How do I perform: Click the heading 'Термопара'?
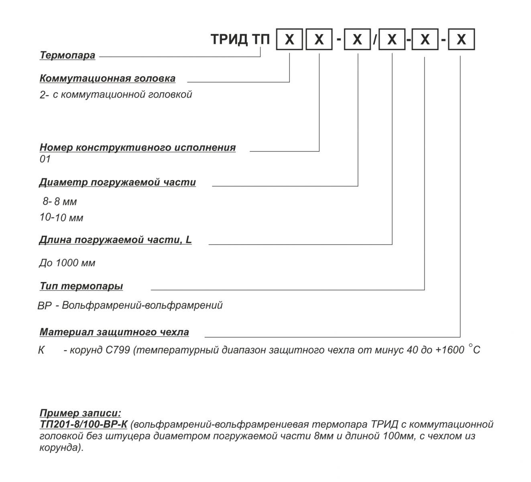(67, 55)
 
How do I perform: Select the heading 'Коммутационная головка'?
(107, 78)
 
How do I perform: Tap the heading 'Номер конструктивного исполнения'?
(137, 147)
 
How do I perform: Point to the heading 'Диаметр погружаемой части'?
(117, 182)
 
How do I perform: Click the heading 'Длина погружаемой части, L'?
(115, 240)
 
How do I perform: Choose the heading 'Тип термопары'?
(81, 286)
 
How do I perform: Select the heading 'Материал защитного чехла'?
(114, 333)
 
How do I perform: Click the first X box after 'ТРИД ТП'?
(289, 40)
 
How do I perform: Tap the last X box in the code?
(461, 40)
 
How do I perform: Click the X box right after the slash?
(392, 40)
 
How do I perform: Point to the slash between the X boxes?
(375, 40)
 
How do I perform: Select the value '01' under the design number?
(45, 159)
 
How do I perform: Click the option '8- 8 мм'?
(60, 201)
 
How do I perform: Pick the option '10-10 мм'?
(61, 218)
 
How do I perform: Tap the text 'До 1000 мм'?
(67, 263)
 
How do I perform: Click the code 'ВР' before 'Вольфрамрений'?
(45, 306)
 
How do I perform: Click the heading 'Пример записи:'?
(80, 413)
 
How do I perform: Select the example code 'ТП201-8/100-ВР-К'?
(83, 425)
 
